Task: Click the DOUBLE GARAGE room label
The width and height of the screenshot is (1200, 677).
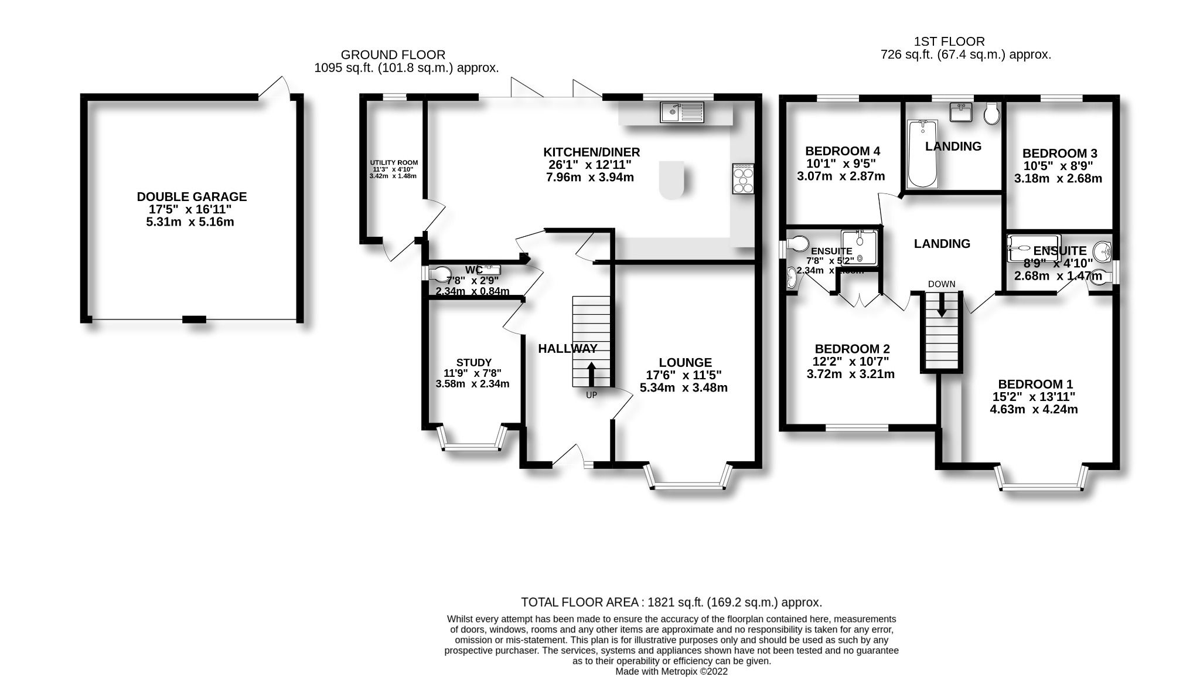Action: coord(192,197)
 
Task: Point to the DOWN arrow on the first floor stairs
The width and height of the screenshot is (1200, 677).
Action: coord(941,305)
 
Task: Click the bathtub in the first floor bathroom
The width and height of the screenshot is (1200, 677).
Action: coord(922,154)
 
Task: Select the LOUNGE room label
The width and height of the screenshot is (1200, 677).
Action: coord(685,363)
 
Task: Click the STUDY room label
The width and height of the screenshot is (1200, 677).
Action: coord(473,363)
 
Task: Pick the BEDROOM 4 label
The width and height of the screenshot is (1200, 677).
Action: coord(843,151)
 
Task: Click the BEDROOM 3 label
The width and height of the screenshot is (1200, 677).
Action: coord(1059,154)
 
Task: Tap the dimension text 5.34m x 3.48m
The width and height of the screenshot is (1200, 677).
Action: coord(684,388)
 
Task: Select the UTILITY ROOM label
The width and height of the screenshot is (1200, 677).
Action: coord(394,163)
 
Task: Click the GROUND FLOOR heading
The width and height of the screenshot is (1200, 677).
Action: coord(393,55)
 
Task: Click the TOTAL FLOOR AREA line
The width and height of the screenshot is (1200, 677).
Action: coord(671,602)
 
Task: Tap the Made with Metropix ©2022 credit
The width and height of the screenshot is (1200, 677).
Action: coord(671,672)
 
